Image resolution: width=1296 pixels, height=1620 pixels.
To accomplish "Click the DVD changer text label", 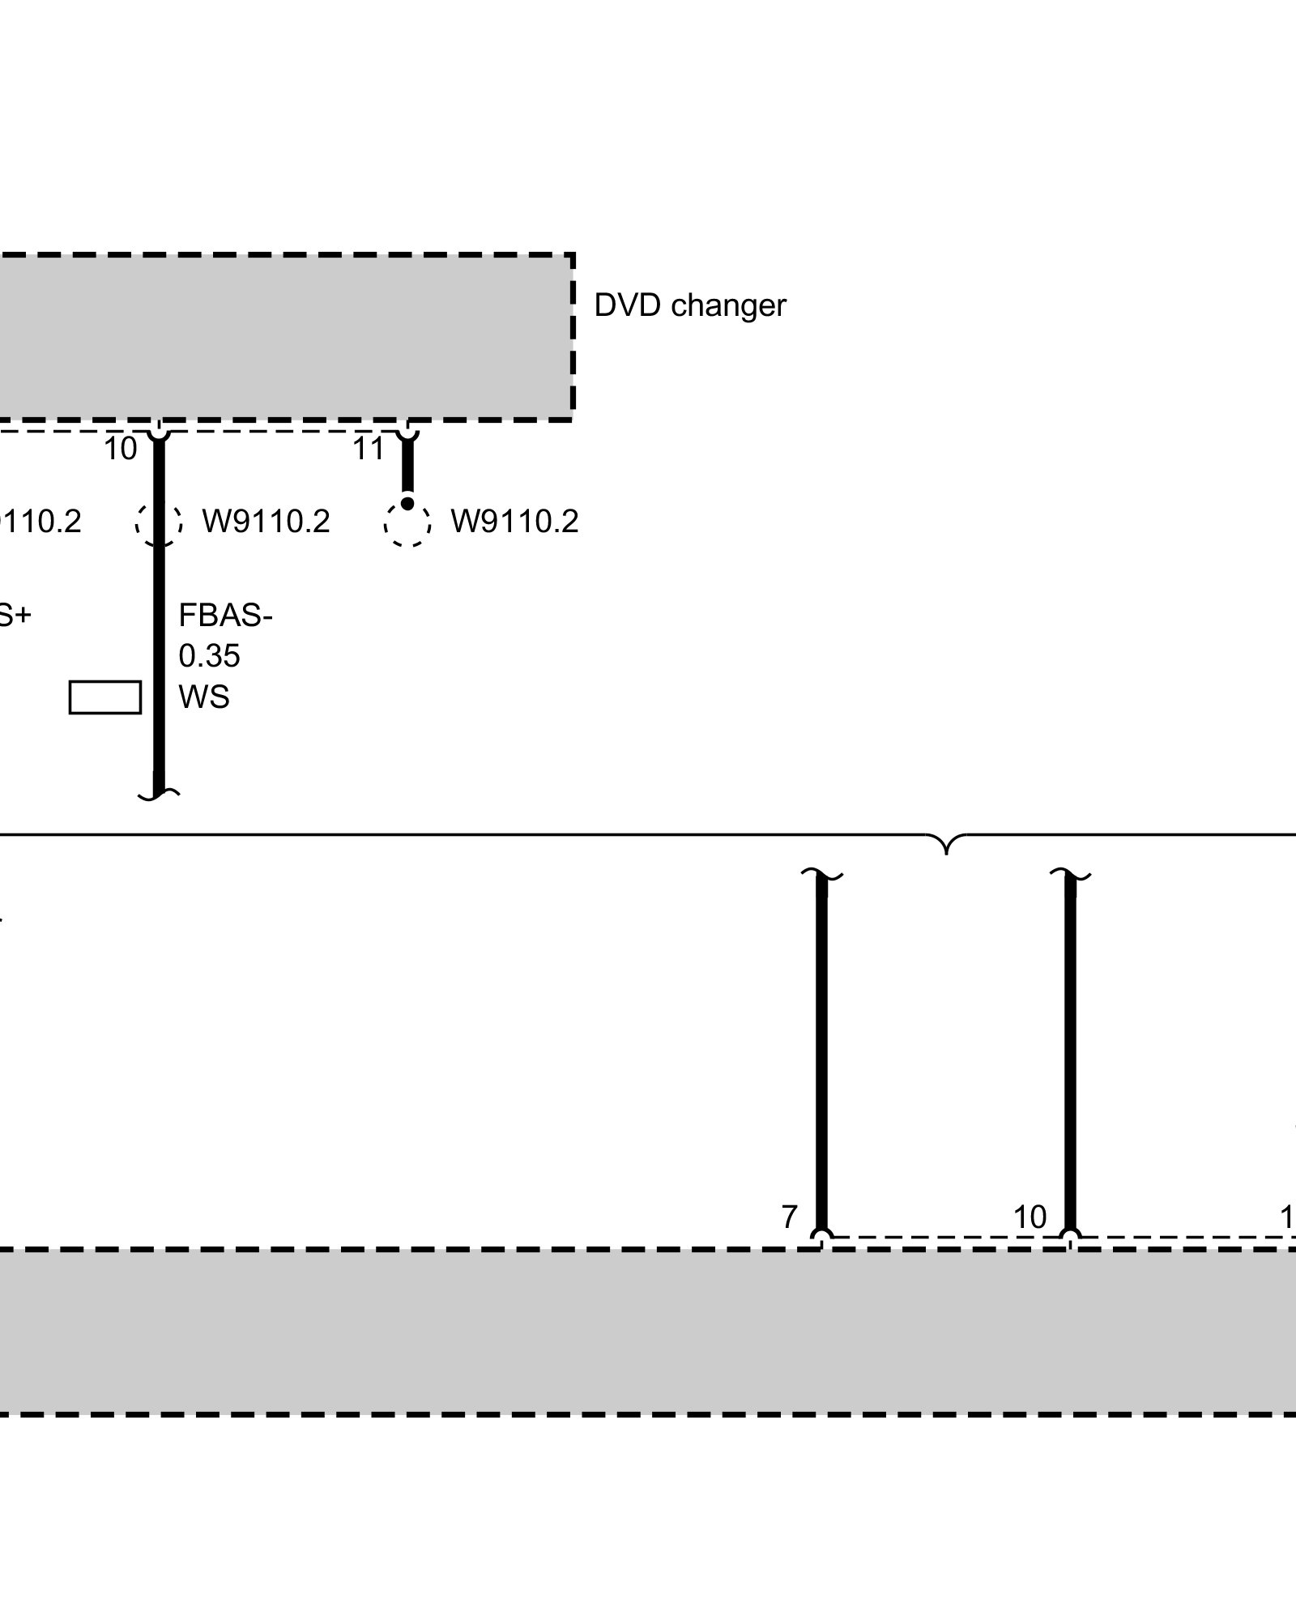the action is (689, 305).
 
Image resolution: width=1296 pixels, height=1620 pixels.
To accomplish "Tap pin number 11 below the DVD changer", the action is (368, 449).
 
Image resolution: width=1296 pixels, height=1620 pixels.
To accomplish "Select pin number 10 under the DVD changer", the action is (121, 449).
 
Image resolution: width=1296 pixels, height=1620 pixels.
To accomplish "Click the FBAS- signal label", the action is (225, 616).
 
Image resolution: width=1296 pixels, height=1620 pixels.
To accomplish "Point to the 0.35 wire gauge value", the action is (209, 656).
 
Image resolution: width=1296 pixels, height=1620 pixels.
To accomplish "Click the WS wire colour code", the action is (203, 697).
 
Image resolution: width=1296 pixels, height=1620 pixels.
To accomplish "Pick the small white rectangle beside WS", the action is (104, 697).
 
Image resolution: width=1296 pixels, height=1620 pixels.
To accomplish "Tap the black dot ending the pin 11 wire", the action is (407, 504).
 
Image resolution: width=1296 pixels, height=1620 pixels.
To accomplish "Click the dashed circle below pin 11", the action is (407, 522).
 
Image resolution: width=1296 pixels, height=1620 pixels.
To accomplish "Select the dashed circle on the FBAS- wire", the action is (159, 522).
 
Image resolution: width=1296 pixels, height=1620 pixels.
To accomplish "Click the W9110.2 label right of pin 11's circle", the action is (514, 522).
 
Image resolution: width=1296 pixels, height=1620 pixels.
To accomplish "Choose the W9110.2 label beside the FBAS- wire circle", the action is (266, 522).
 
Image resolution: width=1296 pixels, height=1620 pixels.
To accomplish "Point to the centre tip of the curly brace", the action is (946, 850).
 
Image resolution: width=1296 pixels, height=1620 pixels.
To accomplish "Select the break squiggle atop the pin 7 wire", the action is (821, 875).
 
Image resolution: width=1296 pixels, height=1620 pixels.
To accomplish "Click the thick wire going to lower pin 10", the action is (1070, 1053).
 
